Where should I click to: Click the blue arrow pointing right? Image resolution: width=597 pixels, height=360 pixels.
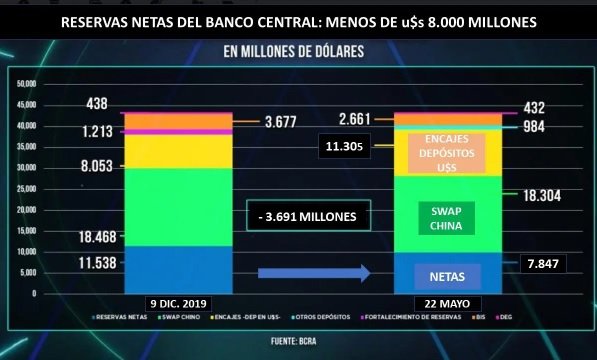[x=313, y=272]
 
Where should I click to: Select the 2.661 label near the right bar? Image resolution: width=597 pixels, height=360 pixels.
[x=355, y=118]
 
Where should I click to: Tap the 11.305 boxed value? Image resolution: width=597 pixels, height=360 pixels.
[x=344, y=147]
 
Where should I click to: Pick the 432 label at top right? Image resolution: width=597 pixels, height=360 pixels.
[x=544, y=107]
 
